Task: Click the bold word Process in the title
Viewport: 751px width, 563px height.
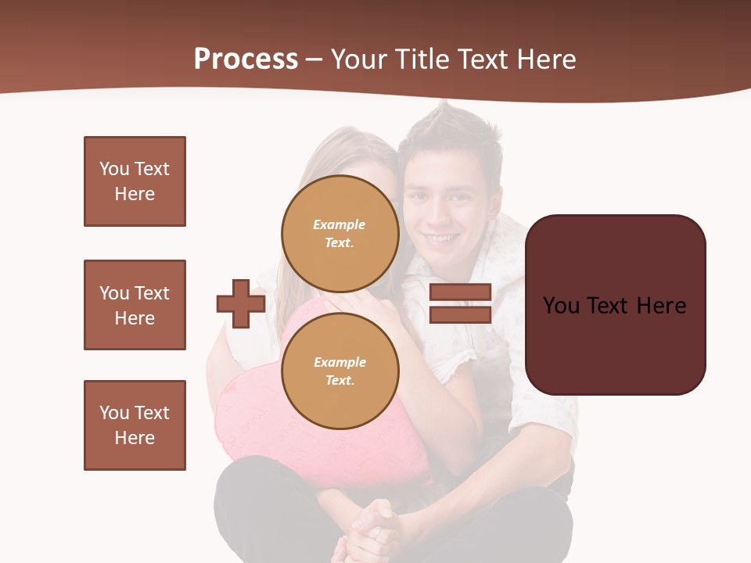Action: pos(246,59)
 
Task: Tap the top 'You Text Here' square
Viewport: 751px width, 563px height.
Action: pos(135,181)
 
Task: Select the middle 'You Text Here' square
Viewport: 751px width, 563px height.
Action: pos(135,305)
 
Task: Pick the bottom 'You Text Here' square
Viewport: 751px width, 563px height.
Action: pos(135,425)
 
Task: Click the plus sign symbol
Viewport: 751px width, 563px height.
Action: pos(241,303)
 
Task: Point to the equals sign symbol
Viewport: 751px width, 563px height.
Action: pos(460,303)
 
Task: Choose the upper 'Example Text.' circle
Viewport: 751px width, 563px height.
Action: pos(340,233)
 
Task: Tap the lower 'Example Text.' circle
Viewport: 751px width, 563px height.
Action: pos(340,371)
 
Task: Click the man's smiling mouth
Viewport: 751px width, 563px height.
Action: pos(443,238)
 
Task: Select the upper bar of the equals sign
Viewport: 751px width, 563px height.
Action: pos(460,292)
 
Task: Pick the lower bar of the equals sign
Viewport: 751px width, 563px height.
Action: pos(460,314)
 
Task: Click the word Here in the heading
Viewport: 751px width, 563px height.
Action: pos(546,59)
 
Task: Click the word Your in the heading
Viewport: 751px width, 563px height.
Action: pos(357,59)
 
